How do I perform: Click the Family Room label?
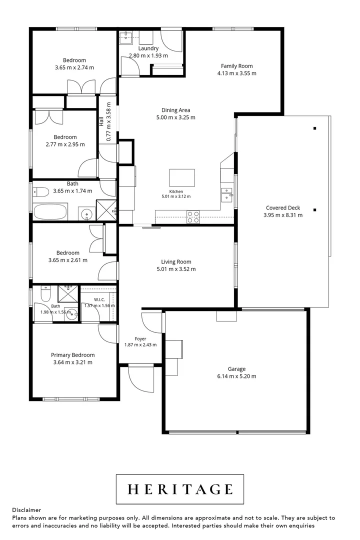(236, 66)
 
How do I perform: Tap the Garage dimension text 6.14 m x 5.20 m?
(236, 376)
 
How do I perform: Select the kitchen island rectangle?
(182, 177)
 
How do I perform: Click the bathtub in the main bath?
(50, 211)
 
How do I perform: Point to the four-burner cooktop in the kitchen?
(193, 216)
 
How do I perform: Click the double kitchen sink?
(226, 195)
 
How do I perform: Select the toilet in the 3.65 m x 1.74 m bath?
(41, 191)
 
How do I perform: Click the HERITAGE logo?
(180, 489)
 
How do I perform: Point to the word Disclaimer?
(26, 510)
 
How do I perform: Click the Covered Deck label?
(283, 207)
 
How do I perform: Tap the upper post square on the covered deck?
(315, 128)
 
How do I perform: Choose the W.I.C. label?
(99, 299)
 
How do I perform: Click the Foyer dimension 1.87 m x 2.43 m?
(140, 344)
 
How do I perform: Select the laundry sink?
(125, 37)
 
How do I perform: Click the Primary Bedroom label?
(72, 354)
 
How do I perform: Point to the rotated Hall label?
(101, 121)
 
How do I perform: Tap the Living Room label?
(176, 261)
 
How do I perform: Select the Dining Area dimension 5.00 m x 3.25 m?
(175, 117)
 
